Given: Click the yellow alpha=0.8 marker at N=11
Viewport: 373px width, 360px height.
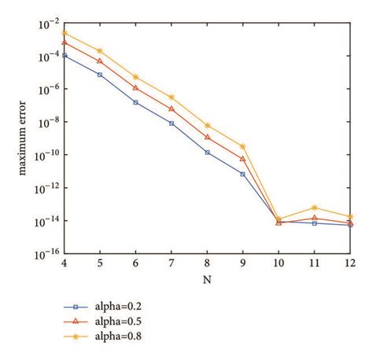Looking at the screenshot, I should click(x=314, y=207).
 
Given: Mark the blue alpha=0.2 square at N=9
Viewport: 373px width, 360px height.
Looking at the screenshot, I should click(x=242, y=174).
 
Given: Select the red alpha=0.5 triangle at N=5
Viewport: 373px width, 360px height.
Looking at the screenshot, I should click(x=99, y=61).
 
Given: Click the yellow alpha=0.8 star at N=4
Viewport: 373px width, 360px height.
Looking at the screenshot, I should click(x=64, y=33).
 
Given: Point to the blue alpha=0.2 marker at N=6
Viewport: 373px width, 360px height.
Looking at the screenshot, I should click(x=135, y=102).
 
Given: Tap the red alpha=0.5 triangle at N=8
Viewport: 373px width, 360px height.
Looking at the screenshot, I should click(x=207, y=137).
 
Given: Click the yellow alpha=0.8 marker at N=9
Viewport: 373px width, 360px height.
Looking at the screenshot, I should click(x=242, y=146).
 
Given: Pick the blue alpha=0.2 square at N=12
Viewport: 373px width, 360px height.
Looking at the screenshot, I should click(x=349, y=226).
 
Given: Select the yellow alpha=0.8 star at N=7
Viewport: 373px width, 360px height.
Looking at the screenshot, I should click(x=171, y=97).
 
